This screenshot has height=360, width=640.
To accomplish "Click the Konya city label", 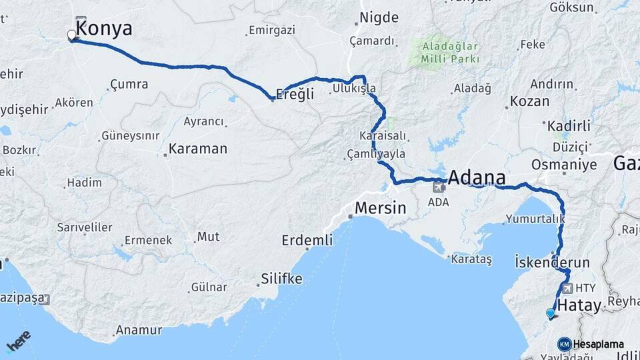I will (105, 29).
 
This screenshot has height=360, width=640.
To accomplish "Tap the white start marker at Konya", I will (72, 35).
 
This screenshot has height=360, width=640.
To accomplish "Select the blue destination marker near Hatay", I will (550, 313).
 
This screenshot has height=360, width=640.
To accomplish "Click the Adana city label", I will (477, 178).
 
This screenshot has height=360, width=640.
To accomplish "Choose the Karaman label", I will (197, 149).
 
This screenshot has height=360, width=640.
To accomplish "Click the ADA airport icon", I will (439, 187).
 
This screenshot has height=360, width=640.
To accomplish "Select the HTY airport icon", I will (567, 289).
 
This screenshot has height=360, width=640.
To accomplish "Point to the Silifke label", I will (281, 278).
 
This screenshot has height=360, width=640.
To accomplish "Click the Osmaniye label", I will (563, 164).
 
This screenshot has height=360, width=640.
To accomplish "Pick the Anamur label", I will (139, 330).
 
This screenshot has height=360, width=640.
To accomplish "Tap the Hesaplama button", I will (591, 345).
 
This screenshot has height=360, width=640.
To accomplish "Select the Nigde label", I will (379, 18).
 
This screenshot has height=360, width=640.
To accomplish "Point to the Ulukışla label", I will (355, 88).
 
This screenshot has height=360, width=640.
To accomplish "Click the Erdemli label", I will (307, 240).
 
